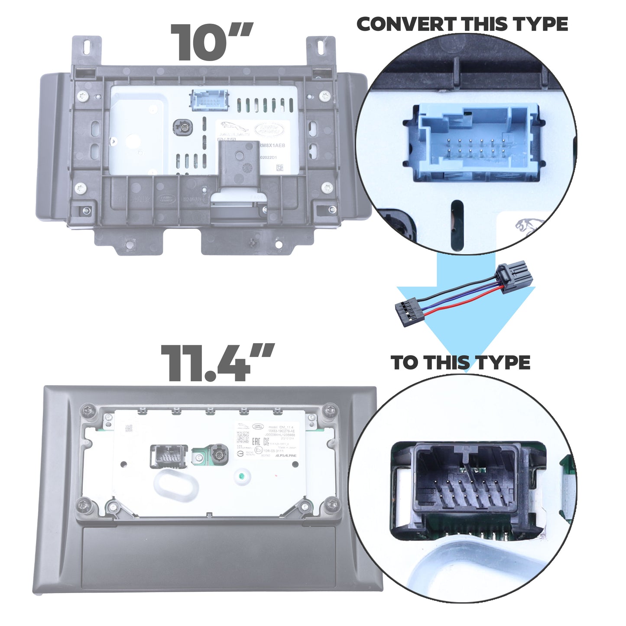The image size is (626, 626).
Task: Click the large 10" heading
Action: point(211,42)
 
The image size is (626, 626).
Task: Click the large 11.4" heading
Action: point(217,363)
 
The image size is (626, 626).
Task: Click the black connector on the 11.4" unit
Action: point(169,456)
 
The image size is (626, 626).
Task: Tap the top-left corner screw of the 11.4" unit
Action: point(88,409)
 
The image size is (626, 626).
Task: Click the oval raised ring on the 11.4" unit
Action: point(176,486)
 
